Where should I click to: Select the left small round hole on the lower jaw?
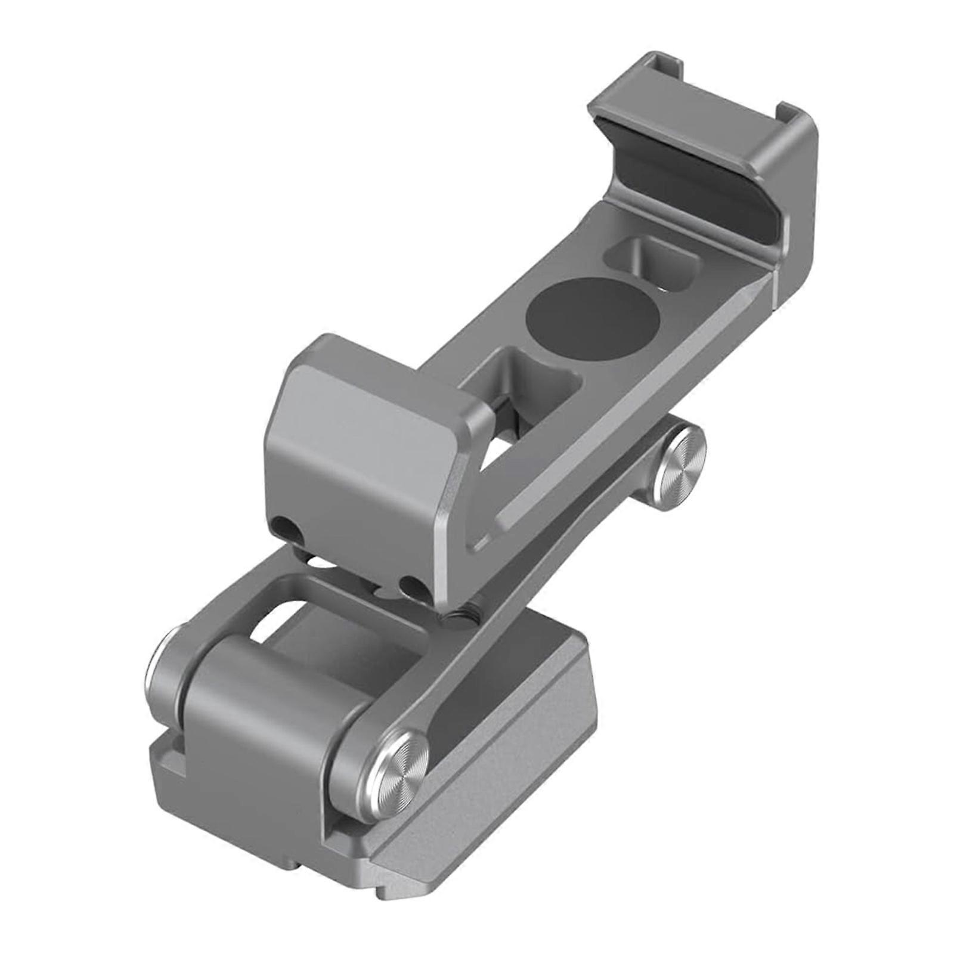284,528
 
